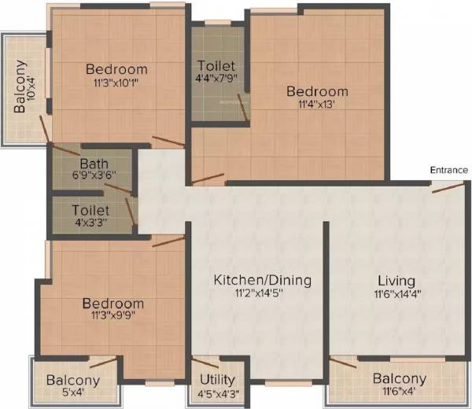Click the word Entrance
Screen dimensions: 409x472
tap(449, 170)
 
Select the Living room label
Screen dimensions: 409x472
tap(396, 280)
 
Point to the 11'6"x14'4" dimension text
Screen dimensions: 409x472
tap(396, 294)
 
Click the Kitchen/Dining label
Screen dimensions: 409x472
tap(263, 280)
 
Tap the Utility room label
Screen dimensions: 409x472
tap(219, 379)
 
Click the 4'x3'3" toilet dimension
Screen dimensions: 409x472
tap(90, 223)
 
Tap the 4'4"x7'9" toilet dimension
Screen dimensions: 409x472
tap(218, 78)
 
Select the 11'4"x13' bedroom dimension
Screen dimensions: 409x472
tap(317, 105)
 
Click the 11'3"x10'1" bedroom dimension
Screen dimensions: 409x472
tap(116, 81)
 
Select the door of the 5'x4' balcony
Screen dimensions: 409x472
tap(103, 363)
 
